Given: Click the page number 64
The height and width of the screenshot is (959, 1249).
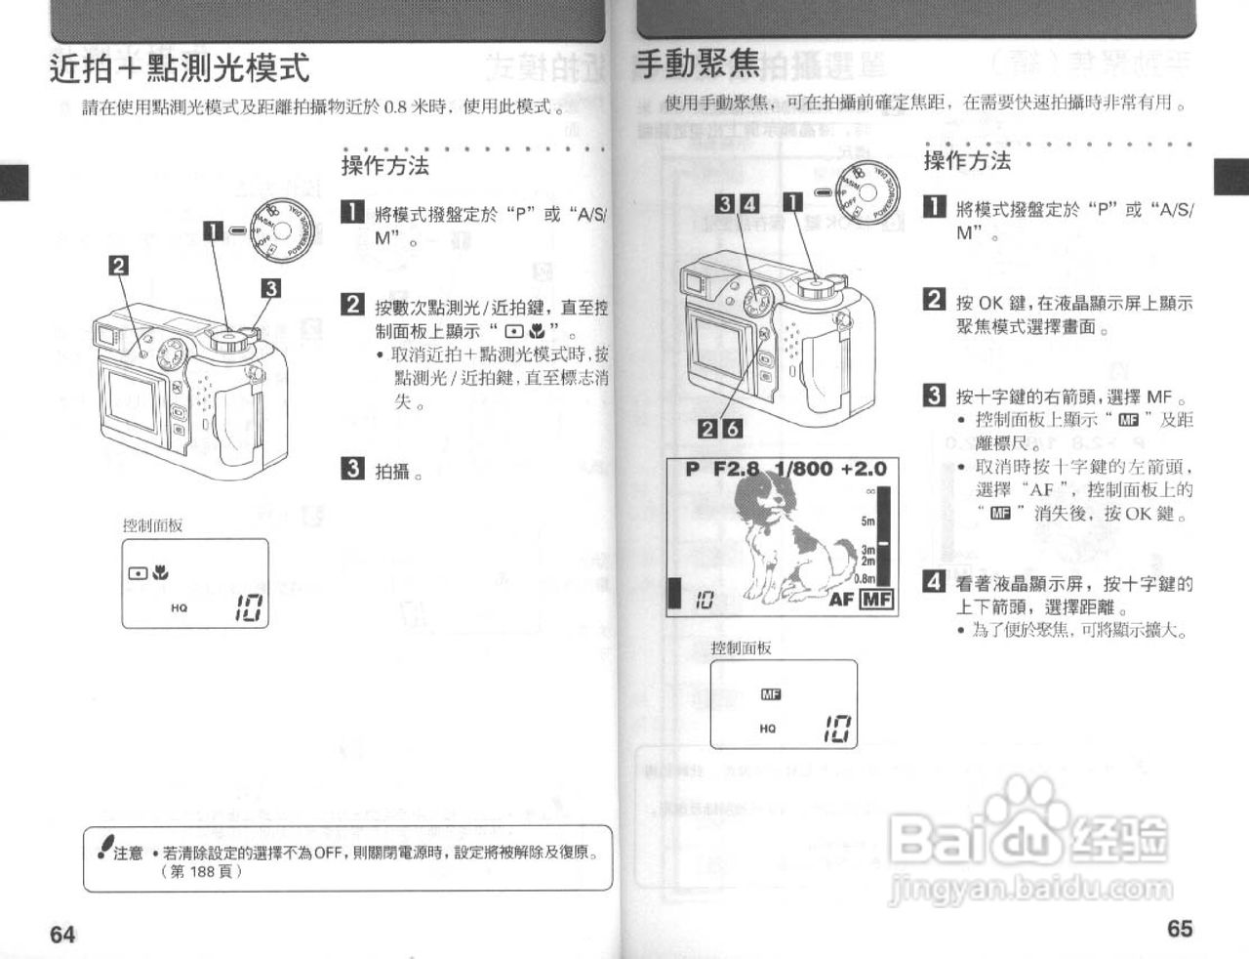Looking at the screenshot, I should point(62,934).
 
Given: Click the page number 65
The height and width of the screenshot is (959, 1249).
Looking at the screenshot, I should point(1180,928).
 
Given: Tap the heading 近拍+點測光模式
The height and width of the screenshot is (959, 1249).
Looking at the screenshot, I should point(180,68).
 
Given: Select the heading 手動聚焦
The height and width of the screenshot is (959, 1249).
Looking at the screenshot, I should point(697,63).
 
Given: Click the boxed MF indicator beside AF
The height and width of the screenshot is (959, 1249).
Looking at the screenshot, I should point(875,600).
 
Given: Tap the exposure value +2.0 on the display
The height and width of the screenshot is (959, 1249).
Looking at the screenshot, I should point(863,469).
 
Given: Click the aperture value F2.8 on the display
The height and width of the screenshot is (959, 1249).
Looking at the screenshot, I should point(735,469).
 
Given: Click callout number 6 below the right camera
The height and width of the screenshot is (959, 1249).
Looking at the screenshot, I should point(732,428).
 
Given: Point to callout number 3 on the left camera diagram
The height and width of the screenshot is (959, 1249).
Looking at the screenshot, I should point(270,287).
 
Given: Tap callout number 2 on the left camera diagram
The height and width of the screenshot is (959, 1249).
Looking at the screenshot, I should point(119,265).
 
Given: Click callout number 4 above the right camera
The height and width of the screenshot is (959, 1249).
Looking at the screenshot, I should point(749,204).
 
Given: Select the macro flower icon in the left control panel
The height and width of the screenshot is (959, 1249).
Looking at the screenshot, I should point(160,573).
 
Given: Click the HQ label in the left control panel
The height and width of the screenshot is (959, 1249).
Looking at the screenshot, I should point(180,607).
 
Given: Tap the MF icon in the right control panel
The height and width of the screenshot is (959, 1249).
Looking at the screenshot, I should point(771,694).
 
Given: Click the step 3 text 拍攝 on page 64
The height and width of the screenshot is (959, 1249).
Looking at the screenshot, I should point(393,471).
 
